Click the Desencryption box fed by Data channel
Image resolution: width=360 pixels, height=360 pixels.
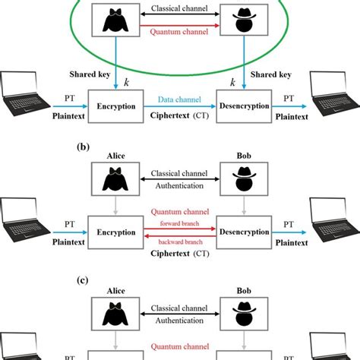click(x=245, y=108)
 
